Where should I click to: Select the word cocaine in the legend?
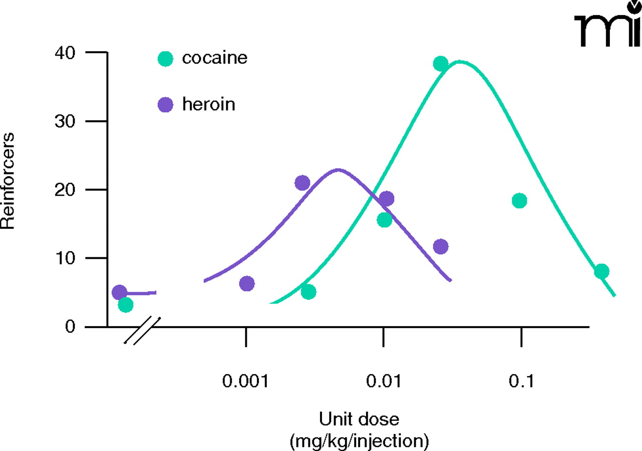click(x=215, y=58)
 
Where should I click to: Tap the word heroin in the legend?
click(x=209, y=104)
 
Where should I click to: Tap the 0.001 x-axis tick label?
click(x=246, y=382)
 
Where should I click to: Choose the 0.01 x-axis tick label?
click(x=384, y=382)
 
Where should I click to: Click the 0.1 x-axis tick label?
click(x=522, y=382)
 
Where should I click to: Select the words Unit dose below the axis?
click(x=359, y=418)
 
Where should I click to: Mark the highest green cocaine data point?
click(x=440, y=64)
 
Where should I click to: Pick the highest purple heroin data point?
click(x=302, y=183)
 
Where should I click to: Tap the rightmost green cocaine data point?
click(x=601, y=271)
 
